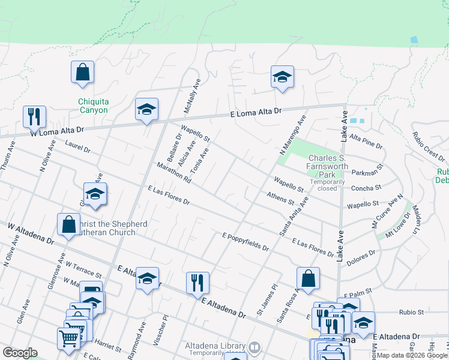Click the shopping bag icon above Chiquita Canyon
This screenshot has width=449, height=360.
[x=83, y=73]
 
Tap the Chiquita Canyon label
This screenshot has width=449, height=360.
[x=93, y=106]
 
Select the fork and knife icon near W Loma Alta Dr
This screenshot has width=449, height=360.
[x=34, y=116]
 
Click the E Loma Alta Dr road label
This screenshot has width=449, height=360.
[x=256, y=112]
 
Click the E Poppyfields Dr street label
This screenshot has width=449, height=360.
[x=245, y=242]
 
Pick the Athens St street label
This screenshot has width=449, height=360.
[x=280, y=198]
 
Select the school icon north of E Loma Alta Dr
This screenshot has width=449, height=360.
[x=282, y=77]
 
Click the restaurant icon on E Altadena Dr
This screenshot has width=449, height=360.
[x=197, y=283]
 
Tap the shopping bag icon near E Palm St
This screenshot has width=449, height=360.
[x=308, y=278]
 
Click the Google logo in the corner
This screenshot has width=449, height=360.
[x=20, y=353]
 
